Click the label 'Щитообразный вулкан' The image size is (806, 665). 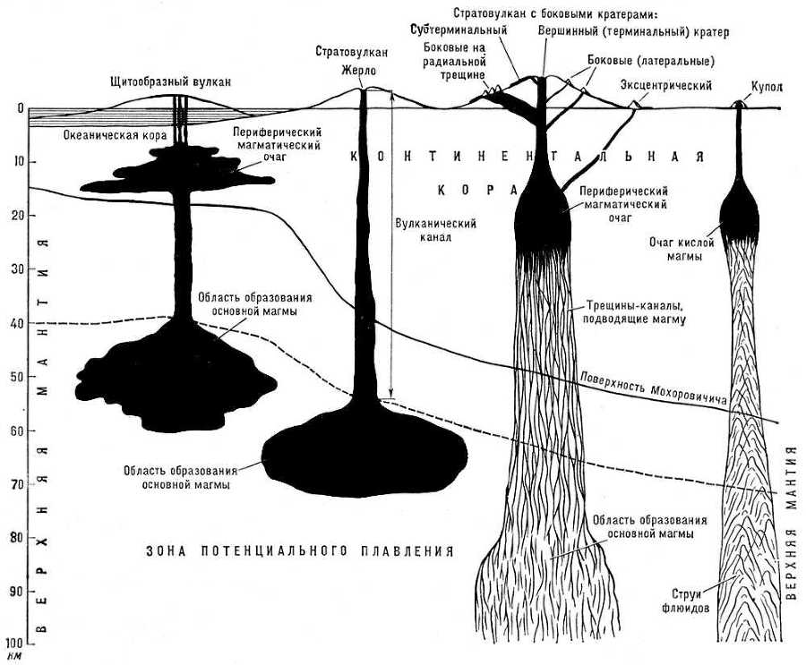[169, 81]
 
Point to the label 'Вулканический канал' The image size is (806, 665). [434, 231]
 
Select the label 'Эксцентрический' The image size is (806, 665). [665, 86]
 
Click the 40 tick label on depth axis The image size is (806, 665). [16, 322]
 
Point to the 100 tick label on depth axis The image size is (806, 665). [13, 644]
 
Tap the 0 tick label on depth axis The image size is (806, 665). [19, 108]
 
